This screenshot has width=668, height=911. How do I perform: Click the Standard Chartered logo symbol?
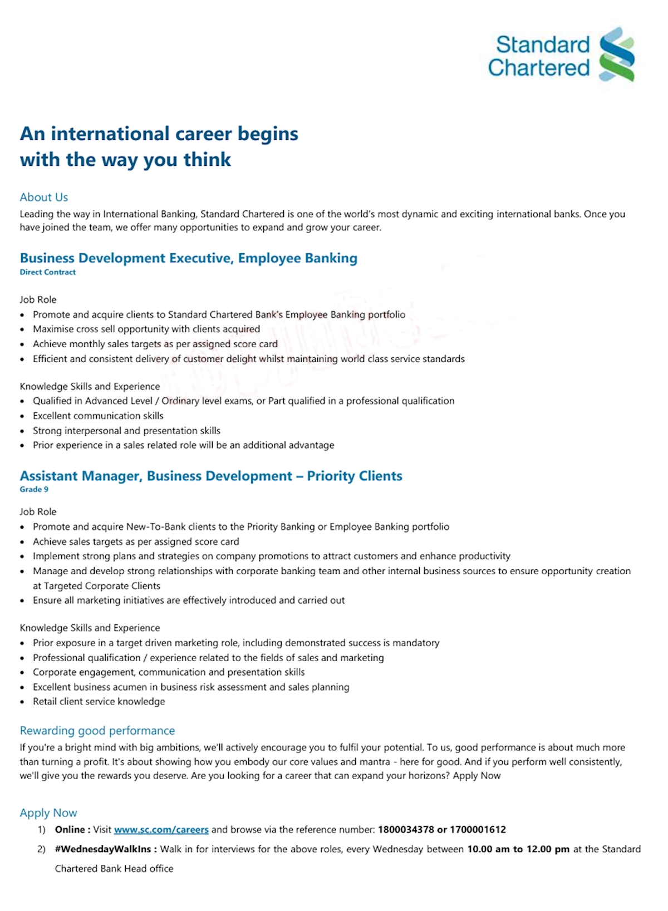click(x=616, y=55)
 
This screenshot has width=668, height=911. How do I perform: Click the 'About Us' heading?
click(x=44, y=197)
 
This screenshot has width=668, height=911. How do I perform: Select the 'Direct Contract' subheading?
click(x=48, y=272)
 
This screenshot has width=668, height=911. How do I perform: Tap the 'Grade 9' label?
click(x=34, y=489)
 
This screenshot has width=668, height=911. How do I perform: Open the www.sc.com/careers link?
click(x=161, y=830)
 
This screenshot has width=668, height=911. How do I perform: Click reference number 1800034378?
click(x=406, y=830)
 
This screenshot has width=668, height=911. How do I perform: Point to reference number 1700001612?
click(x=478, y=830)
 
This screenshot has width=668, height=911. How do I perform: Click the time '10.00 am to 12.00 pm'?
click(x=518, y=849)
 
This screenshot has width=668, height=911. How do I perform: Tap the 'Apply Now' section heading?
click(x=48, y=813)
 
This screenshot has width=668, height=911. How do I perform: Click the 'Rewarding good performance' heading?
click(x=97, y=731)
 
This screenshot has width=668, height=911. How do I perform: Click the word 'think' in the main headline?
click(x=207, y=160)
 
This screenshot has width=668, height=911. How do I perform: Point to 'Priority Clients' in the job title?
click(x=355, y=476)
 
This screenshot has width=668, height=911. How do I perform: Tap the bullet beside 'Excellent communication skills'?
click(x=22, y=416)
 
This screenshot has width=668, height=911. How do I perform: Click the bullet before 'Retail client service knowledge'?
click(x=22, y=702)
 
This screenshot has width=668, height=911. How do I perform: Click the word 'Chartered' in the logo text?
click(x=538, y=68)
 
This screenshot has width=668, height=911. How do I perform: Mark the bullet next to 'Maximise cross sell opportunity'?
click(x=22, y=329)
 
